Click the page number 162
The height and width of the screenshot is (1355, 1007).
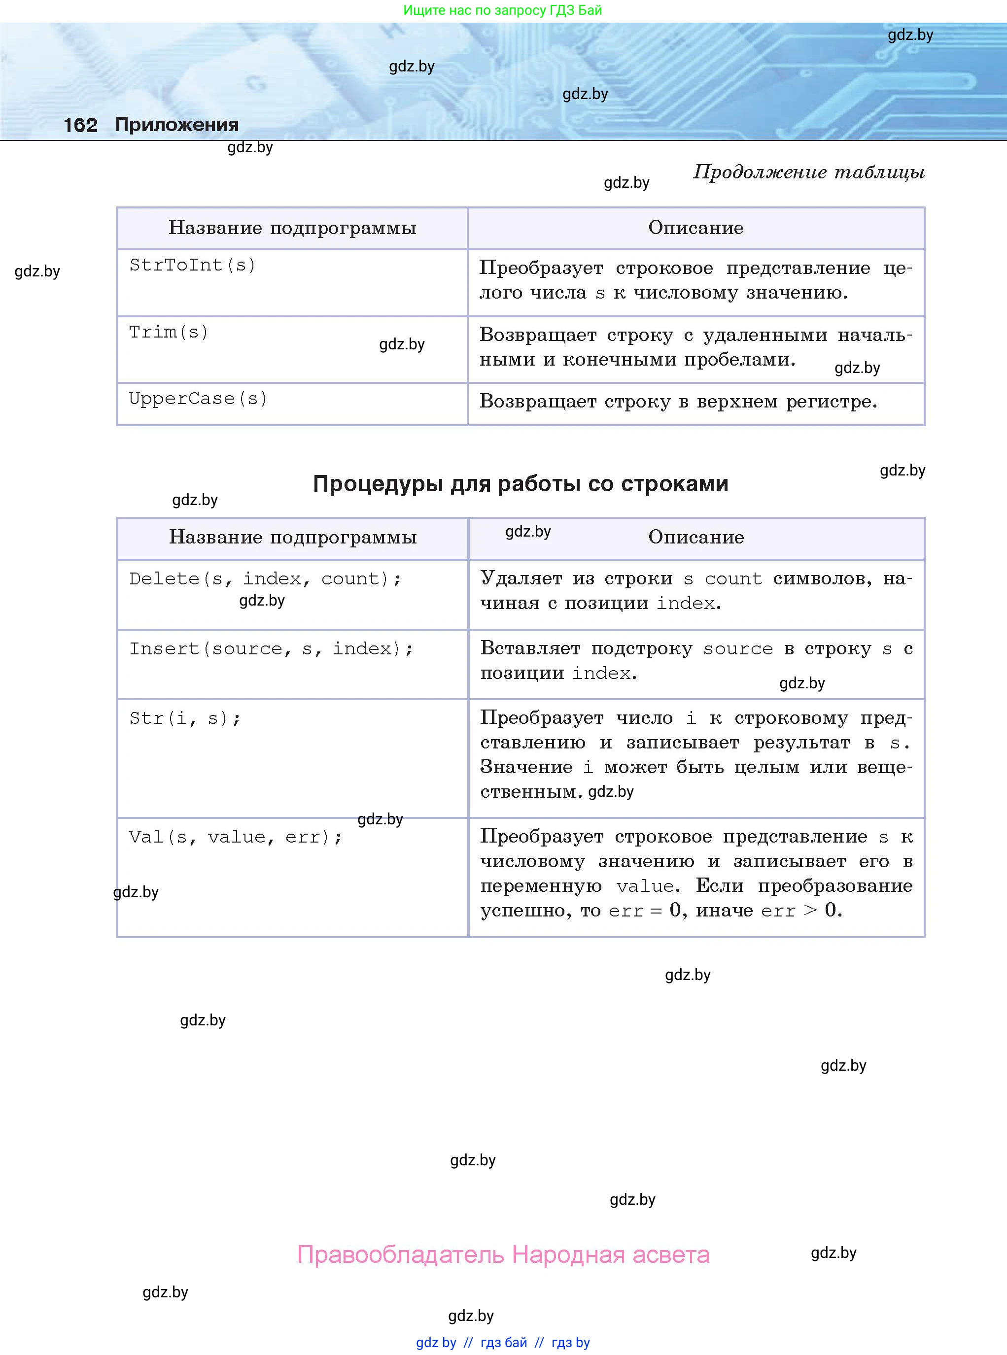[80, 125]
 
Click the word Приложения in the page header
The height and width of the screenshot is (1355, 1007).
[177, 124]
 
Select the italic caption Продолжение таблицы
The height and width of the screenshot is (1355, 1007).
[808, 172]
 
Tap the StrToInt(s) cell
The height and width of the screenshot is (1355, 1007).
[192, 265]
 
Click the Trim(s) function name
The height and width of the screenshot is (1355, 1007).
[168, 332]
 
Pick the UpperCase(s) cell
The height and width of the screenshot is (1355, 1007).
[198, 399]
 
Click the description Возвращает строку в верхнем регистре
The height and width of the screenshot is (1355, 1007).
[678, 402]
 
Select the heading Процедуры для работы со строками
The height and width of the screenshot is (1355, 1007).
[520, 483]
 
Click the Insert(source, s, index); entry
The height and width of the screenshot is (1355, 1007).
[271, 648]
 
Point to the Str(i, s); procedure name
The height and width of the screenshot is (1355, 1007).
[185, 718]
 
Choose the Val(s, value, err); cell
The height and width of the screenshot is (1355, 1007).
[235, 837]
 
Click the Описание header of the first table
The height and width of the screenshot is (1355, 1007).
[695, 228]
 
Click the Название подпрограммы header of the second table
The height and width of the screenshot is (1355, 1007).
[293, 537]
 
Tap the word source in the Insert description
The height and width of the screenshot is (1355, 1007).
[737, 649]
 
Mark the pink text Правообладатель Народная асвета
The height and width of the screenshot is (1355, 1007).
[503, 1254]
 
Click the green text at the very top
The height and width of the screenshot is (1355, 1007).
[502, 10]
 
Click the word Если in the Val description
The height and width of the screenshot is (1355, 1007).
[719, 886]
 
